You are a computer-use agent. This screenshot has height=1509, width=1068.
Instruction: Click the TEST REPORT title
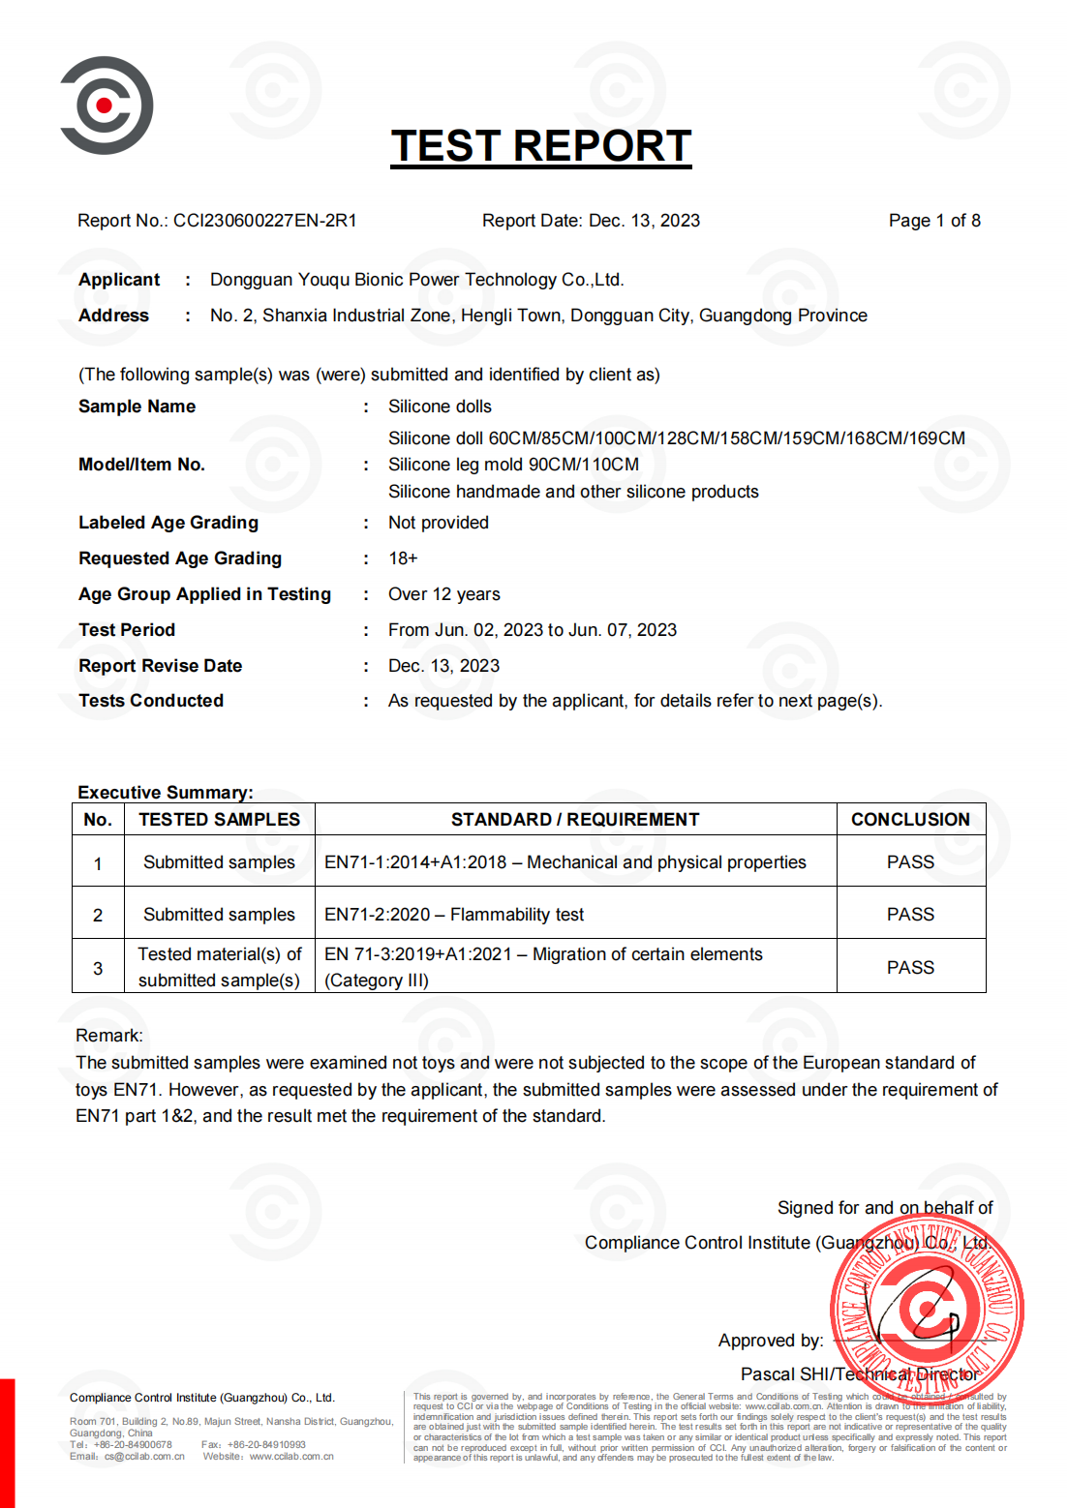pyautogui.click(x=540, y=146)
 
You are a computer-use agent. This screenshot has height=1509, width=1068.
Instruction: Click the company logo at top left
pyautogui.click(x=107, y=105)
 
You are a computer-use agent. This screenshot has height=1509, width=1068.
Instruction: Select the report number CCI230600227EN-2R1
pyautogui.click(x=264, y=221)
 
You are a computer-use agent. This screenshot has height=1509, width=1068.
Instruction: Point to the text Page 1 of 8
pyautogui.click(x=933, y=221)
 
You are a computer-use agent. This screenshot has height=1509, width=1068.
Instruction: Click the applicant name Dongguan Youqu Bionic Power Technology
pyautogui.click(x=416, y=280)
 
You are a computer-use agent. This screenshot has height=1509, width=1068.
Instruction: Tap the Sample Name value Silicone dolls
pyautogui.click(x=440, y=407)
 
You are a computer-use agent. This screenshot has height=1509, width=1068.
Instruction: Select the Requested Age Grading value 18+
pyautogui.click(x=403, y=558)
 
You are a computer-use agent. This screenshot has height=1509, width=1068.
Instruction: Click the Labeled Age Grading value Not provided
pyautogui.click(x=438, y=523)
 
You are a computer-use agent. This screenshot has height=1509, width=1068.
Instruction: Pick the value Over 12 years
pyautogui.click(x=443, y=594)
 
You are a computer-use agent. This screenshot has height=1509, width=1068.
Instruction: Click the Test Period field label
pyautogui.click(x=127, y=630)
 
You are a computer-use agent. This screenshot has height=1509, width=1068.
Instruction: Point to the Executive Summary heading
pyautogui.click(x=165, y=793)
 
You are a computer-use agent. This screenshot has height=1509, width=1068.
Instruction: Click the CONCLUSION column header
pyautogui.click(x=910, y=820)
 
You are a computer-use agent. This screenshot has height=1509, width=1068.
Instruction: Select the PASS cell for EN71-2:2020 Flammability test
pyautogui.click(x=910, y=915)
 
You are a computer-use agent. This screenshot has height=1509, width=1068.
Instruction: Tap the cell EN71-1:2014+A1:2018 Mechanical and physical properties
pyautogui.click(x=565, y=862)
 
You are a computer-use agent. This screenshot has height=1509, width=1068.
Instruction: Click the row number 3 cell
pyautogui.click(x=98, y=968)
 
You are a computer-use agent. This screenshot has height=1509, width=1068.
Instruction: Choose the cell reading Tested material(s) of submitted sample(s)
pyautogui.click(x=219, y=967)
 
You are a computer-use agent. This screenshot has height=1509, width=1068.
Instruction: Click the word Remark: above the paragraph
pyautogui.click(x=109, y=1036)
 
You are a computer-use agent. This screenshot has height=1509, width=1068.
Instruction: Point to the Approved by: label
pyautogui.click(x=771, y=1341)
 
